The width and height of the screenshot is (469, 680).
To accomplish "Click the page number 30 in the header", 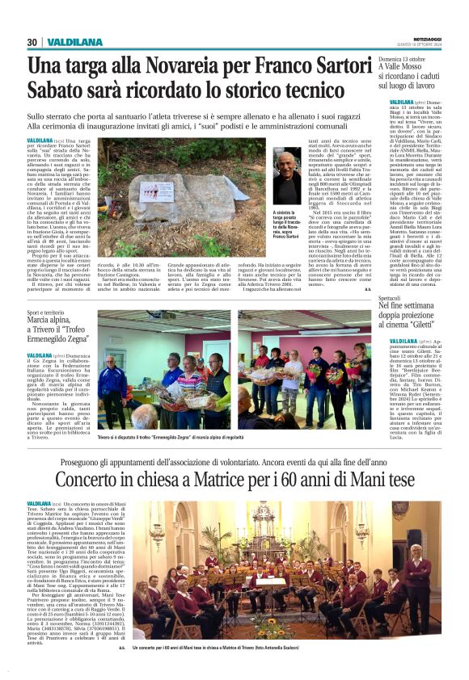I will [32, 42].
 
